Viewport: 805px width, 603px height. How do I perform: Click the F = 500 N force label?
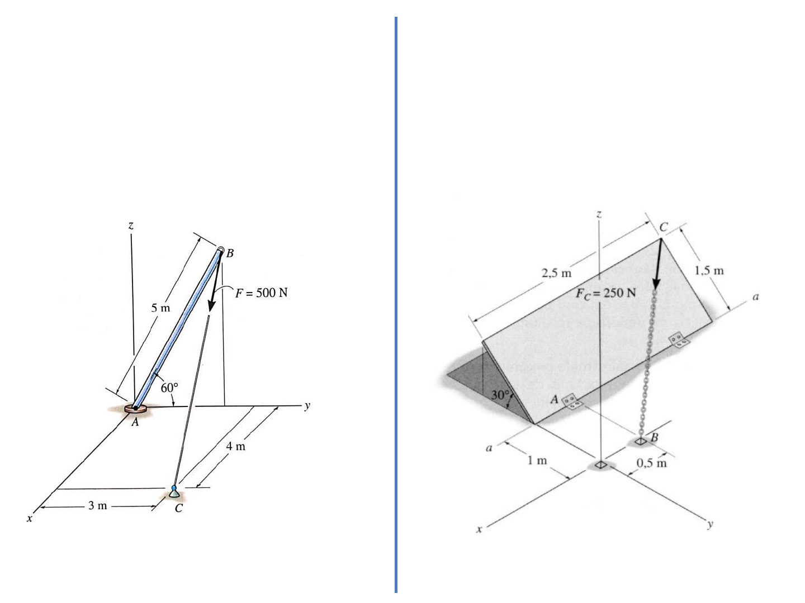261,293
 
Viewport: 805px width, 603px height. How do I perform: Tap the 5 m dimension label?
160,308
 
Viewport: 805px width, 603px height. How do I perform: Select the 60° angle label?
169,387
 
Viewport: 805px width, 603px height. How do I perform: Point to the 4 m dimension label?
235,446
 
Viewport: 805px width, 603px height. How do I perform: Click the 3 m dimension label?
98,506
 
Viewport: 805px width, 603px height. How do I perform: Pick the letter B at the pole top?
230,253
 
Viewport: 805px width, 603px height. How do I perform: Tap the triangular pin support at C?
174,492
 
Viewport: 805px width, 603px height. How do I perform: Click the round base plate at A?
135,408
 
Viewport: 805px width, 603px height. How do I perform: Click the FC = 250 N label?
605,294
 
